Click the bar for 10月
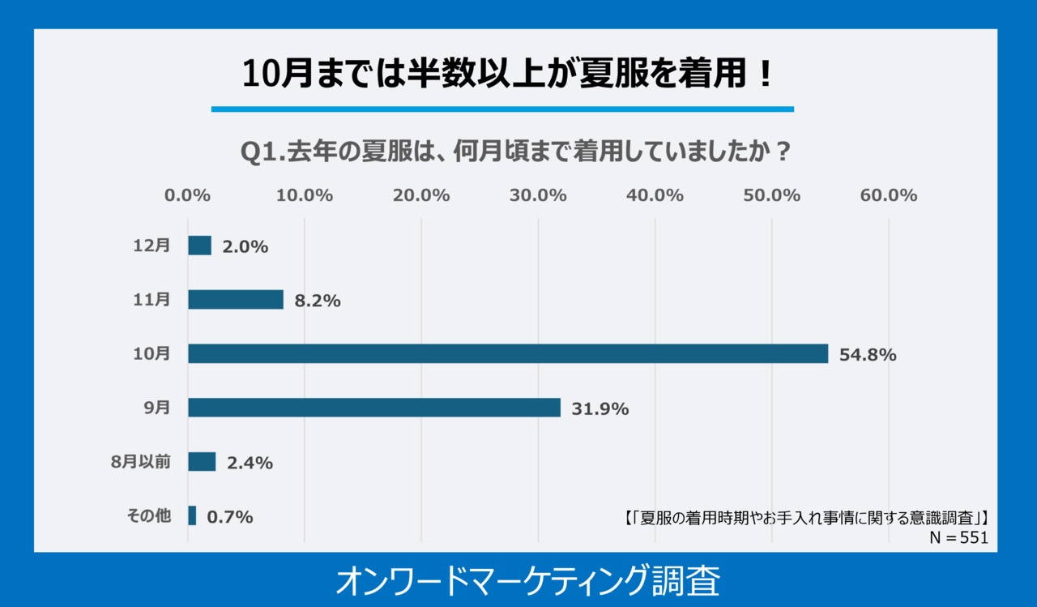(508, 353)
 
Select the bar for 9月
(374, 408)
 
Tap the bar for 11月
(236, 300)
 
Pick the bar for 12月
(199, 246)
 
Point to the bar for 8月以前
(202, 462)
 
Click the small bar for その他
(192, 515)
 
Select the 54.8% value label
(868, 354)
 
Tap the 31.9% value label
(600, 408)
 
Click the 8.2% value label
(318, 301)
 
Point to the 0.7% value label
(230, 516)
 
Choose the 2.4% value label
(250, 463)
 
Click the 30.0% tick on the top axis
(538, 195)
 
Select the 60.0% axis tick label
(889, 195)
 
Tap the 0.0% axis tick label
(188, 195)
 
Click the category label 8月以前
(141, 462)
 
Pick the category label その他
(149, 515)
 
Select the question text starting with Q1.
(517, 152)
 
